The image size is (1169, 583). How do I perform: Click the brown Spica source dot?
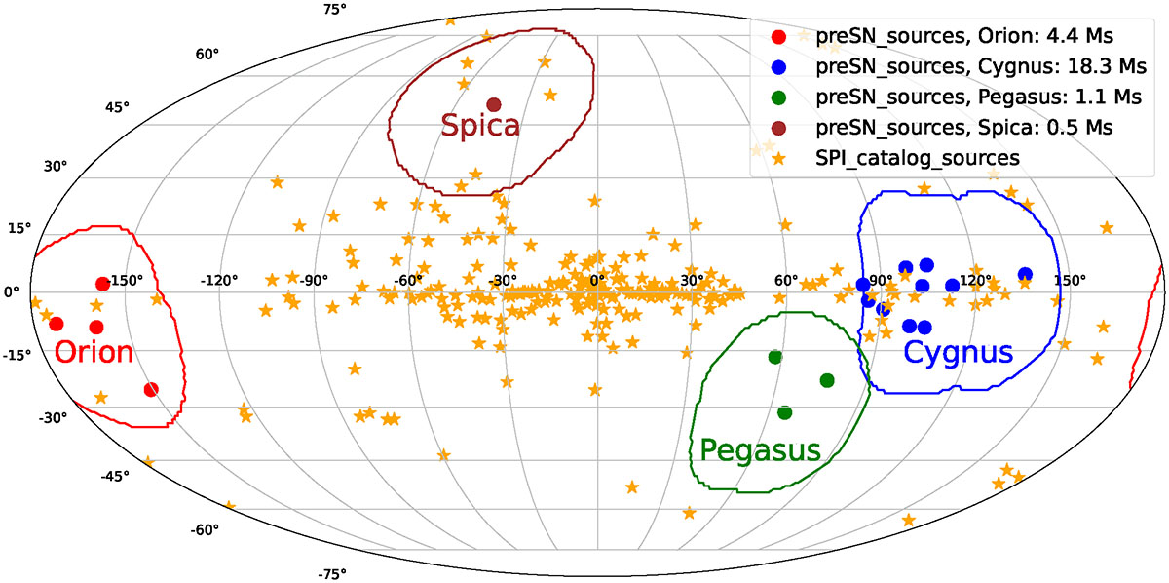tap(494, 104)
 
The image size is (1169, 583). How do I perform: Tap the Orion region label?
tap(94, 352)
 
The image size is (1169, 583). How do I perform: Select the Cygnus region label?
tap(959, 352)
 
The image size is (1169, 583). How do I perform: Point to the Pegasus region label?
tap(761, 449)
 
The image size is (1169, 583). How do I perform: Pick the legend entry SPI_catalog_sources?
tap(919, 156)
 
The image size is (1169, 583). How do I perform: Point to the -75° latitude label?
tap(331, 574)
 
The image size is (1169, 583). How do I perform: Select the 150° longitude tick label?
tap(1070, 281)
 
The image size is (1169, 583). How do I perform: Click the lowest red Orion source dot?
tap(150, 389)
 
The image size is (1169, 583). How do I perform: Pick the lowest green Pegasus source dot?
tap(785, 412)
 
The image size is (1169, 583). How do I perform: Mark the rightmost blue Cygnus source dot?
tap(1025, 274)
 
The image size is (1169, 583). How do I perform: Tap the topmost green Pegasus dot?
tap(775, 357)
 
